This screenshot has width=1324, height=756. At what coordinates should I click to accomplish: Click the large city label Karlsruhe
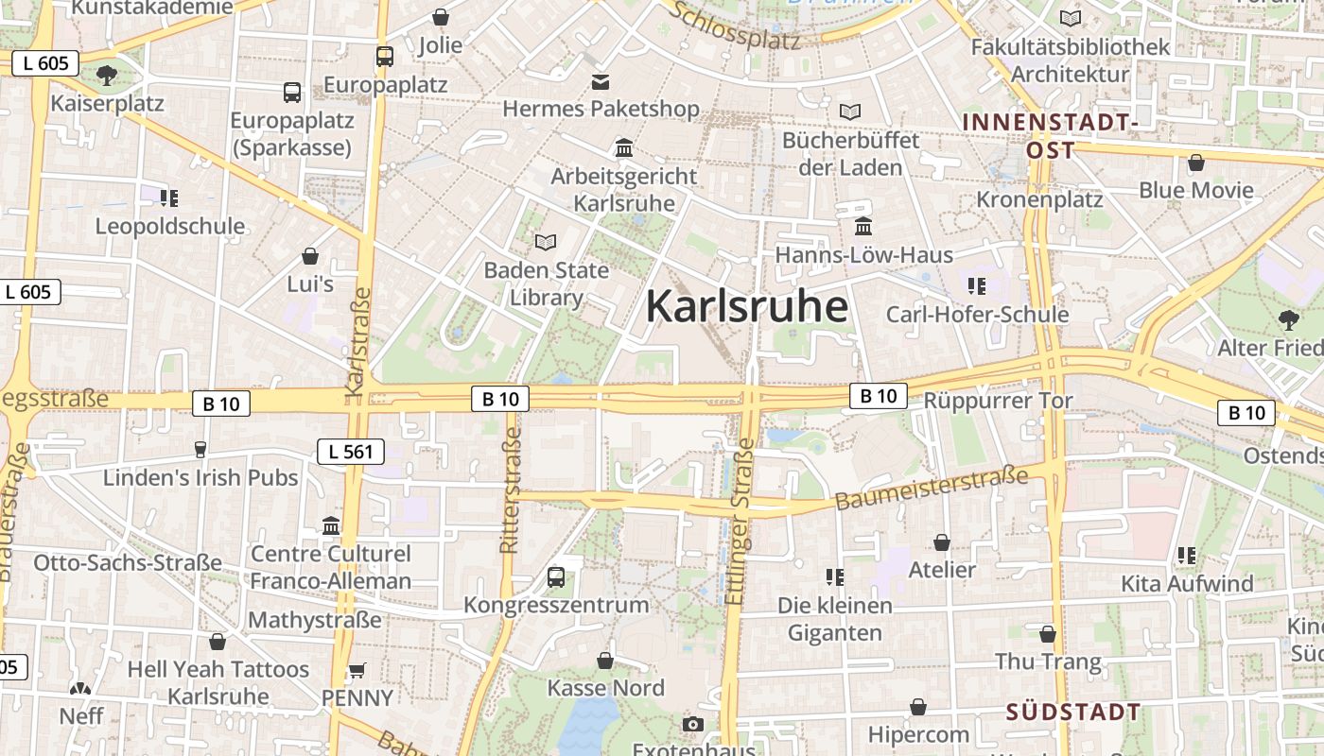(x=746, y=307)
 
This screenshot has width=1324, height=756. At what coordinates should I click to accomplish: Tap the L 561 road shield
(x=351, y=452)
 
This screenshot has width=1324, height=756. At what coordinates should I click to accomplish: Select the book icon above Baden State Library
(x=546, y=242)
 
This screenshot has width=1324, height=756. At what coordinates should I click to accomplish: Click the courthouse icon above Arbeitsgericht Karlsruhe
(x=624, y=148)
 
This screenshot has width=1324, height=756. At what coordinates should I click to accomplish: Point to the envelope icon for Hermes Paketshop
(x=600, y=82)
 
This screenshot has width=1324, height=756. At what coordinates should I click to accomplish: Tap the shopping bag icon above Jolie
(x=441, y=17)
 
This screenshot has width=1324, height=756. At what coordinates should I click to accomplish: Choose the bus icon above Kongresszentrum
(x=556, y=576)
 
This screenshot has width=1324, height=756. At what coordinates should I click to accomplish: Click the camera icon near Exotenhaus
(x=693, y=724)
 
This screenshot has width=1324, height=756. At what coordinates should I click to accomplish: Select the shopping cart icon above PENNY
(x=357, y=670)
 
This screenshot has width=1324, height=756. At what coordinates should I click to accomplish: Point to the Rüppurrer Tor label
(x=998, y=401)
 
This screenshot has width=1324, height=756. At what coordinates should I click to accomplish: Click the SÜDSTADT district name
(x=1072, y=712)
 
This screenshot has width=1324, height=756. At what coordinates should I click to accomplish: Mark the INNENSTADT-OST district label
(x=1050, y=136)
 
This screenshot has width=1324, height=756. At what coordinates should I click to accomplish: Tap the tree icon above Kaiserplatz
(x=107, y=75)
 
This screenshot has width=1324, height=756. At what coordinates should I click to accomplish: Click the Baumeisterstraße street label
(x=932, y=489)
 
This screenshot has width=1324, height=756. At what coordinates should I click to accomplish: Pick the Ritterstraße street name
(x=510, y=490)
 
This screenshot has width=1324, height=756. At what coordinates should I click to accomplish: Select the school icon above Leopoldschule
(x=169, y=198)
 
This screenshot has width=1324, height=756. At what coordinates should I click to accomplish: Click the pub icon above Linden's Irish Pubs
(x=200, y=449)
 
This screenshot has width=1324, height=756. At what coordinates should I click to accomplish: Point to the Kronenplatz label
(x=1039, y=199)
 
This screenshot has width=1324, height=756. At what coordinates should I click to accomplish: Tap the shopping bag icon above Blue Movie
(x=1196, y=163)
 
